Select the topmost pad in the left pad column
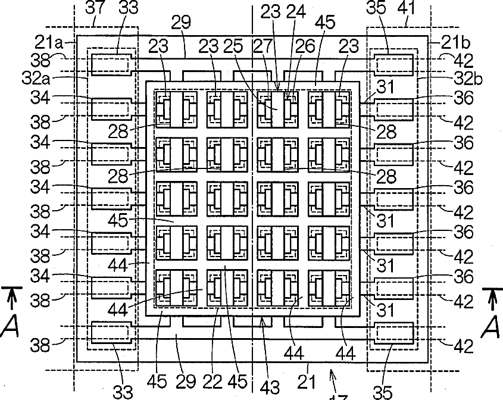(111, 64)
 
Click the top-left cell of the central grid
(176, 108)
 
